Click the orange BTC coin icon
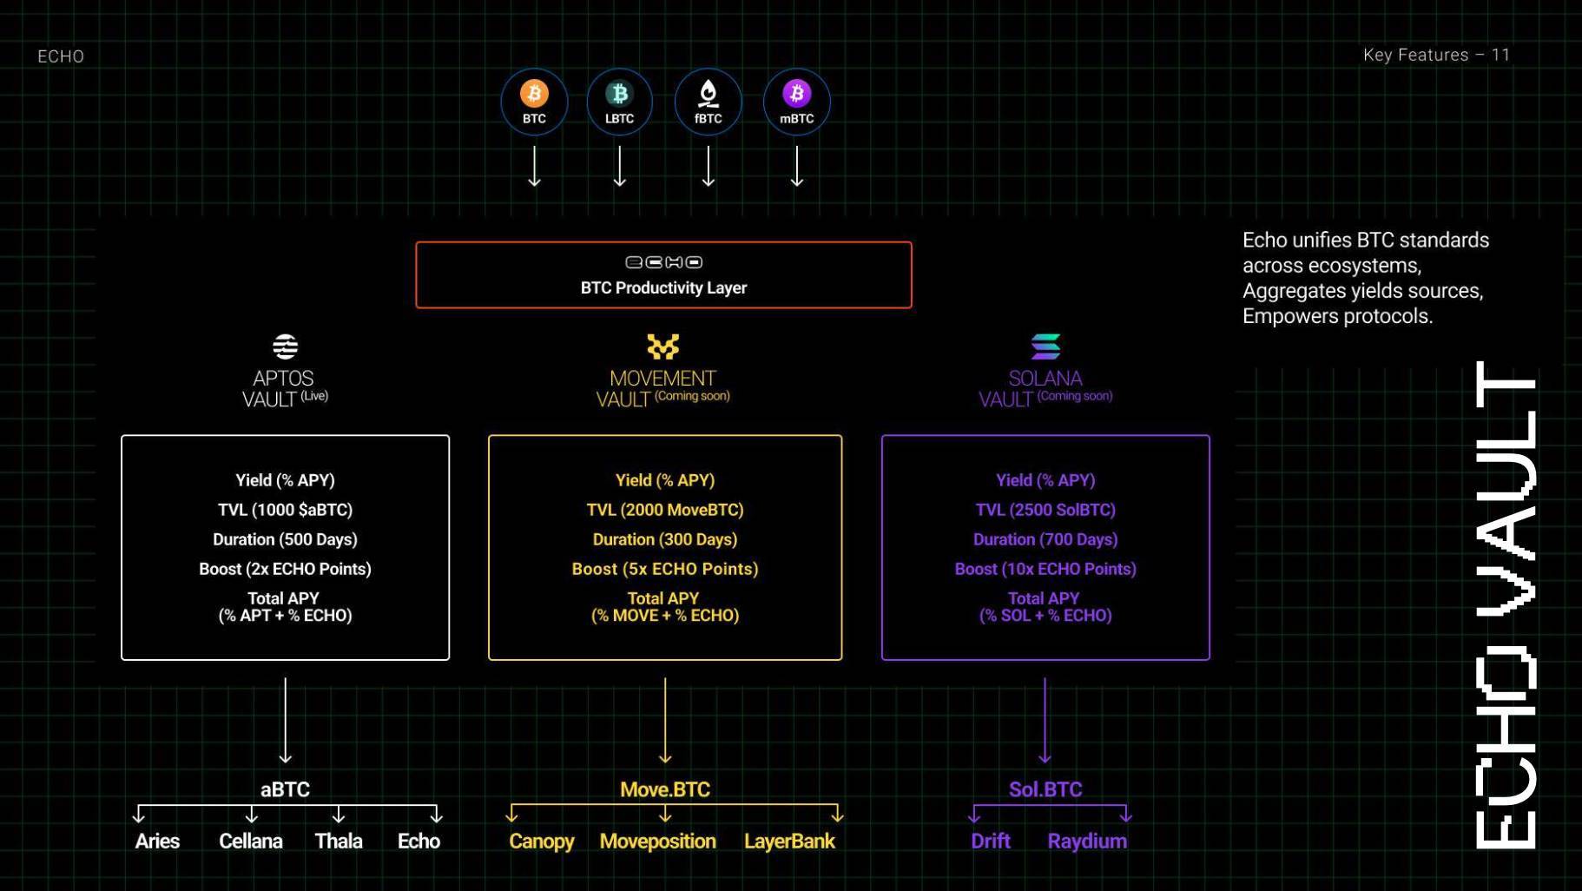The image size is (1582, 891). tap(534, 93)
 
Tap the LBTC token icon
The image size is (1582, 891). tap(619, 93)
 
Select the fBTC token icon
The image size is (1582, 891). tap(709, 93)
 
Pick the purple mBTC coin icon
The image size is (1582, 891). tap(797, 93)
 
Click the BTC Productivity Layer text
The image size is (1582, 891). tap(663, 287)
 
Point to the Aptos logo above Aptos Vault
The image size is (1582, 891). tap(285, 346)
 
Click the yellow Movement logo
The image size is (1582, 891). tap(663, 346)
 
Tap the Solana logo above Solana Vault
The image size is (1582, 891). tap(1045, 346)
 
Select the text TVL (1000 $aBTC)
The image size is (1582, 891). tap(285, 510)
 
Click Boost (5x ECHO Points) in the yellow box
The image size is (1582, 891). tap(665, 569)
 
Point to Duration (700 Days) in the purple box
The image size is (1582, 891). tap(1045, 539)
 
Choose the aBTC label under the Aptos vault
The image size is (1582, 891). tap(285, 789)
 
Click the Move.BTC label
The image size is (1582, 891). tap(665, 789)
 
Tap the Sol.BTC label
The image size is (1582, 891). tap(1045, 789)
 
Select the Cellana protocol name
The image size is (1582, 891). tap(251, 841)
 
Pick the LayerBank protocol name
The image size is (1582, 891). tap(789, 841)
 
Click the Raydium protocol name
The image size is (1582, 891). tap(1087, 841)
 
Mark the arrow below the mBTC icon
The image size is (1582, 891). tap(797, 166)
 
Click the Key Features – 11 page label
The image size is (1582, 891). tap(1436, 55)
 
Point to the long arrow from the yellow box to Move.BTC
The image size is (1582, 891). tap(665, 721)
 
